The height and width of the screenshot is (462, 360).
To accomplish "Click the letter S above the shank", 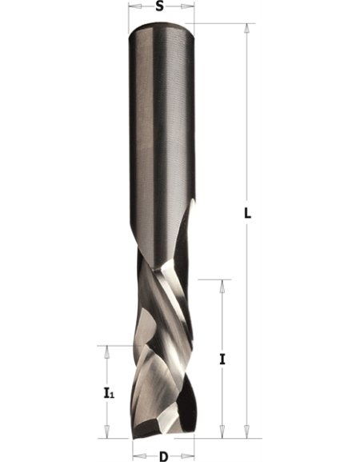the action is click(x=159, y=6).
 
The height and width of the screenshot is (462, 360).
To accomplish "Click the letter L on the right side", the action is click(x=247, y=213).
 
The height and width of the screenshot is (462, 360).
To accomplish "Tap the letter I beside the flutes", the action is click(x=222, y=360).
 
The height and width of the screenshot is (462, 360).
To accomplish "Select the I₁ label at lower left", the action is click(x=109, y=393).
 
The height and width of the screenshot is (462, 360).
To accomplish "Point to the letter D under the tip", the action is click(x=163, y=456).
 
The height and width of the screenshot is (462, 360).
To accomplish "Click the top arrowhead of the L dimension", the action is click(x=247, y=28).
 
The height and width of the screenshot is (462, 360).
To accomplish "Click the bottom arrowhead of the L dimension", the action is click(x=247, y=433).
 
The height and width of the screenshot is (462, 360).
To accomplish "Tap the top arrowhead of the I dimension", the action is click(x=223, y=284).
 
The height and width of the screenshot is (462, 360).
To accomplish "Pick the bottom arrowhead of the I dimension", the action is click(x=223, y=433).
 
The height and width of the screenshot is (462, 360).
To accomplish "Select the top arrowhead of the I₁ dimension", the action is click(x=107, y=351).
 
